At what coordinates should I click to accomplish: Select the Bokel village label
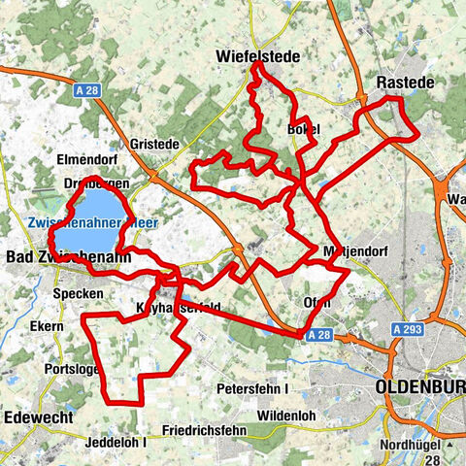coord(303,128)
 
